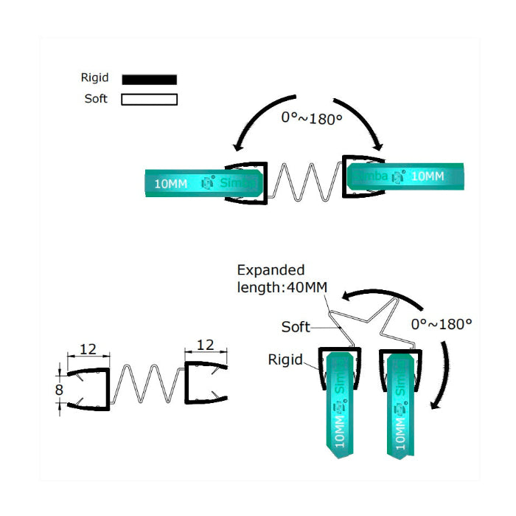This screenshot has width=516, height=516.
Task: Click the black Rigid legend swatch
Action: pyautogui.click(x=150, y=79)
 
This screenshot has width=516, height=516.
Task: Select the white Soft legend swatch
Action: pyautogui.click(x=150, y=99)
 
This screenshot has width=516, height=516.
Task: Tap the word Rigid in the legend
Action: pyautogui.click(x=94, y=78)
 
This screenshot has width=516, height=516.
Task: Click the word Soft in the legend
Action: pyautogui.click(x=96, y=98)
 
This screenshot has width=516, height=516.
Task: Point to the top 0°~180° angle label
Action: pyautogui.click(x=312, y=117)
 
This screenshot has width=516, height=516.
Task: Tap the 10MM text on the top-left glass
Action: pyautogui.click(x=170, y=183)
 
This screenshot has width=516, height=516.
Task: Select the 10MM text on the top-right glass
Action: pyautogui.click(x=428, y=177)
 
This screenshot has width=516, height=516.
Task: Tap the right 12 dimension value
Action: pyautogui.click(x=206, y=345)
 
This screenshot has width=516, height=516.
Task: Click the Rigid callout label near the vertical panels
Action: pyautogui.click(x=285, y=360)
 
